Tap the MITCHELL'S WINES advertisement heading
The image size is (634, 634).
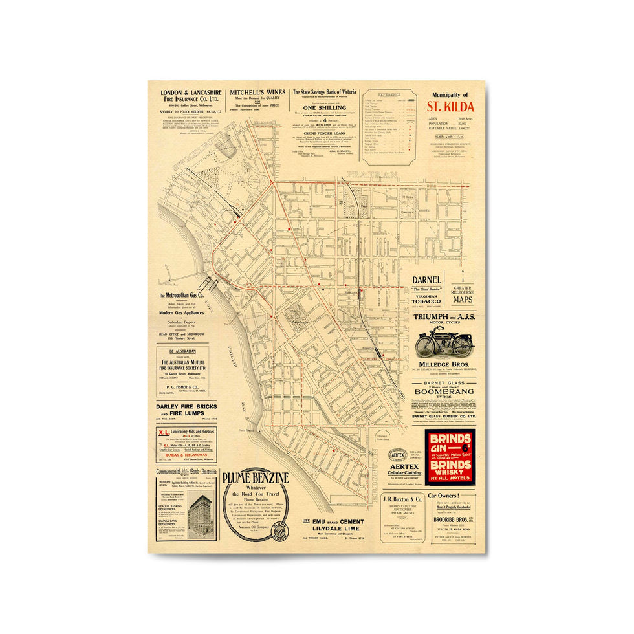(x=256, y=92)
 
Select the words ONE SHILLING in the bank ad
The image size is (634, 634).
(x=324, y=107)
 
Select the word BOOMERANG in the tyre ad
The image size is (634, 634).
(x=444, y=391)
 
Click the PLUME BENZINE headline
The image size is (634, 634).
(x=255, y=478)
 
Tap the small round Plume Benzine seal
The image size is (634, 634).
(x=279, y=531)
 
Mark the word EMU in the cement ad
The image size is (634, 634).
(x=318, y=521)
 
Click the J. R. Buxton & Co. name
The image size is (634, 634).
(x=402, y=499)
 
